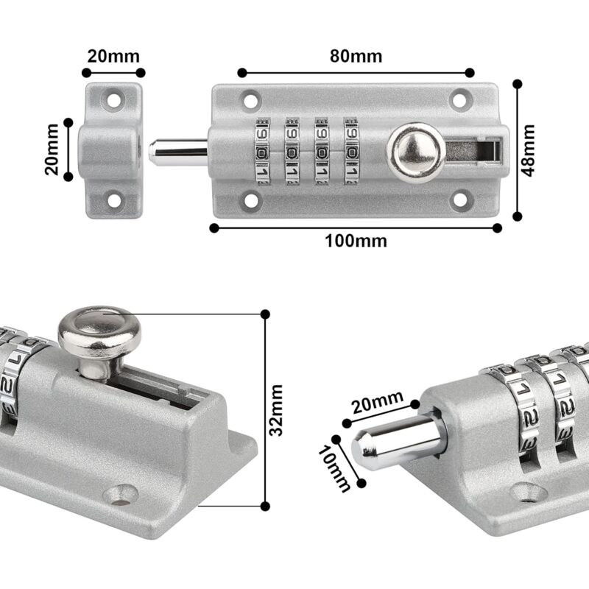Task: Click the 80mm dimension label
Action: (356, 56)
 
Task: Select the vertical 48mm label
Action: (528, 149)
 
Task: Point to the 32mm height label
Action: (276, 409)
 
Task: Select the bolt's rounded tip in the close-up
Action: (362, 448)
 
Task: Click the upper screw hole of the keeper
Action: (114, 96)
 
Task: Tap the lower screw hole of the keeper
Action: (114, 198)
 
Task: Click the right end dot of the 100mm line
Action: (497, 228)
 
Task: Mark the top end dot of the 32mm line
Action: (265, 314)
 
